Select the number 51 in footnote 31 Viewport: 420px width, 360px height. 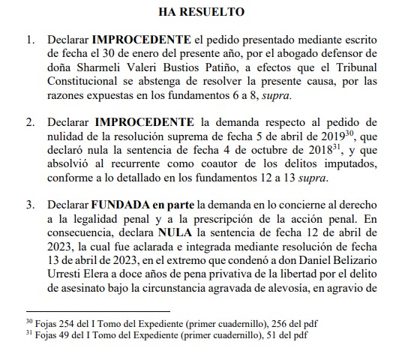[x=262, y=334]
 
